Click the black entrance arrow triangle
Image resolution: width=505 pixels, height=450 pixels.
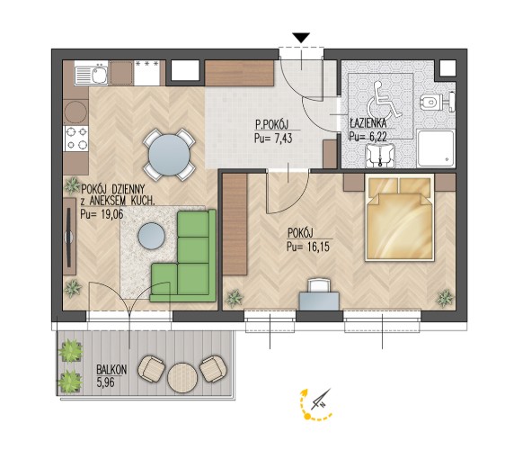click(301, 38)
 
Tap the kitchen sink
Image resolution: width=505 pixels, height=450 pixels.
click(91, 74)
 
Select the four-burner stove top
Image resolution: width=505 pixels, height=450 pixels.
click(76, 138)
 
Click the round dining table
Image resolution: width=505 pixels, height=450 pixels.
click(169, 155)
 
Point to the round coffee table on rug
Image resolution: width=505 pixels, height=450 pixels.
click(151, 236)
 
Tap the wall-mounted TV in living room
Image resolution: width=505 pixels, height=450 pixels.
click(69, 237)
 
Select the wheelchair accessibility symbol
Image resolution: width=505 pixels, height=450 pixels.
click(384, 100)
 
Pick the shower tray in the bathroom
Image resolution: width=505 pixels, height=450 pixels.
click(437, 148)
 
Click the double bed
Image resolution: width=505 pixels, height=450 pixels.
click(399, 218)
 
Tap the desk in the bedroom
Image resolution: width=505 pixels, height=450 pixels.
click(319, 301)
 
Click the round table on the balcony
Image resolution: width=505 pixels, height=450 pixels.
click(182, 378)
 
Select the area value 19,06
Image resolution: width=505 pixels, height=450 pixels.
click(111, 214)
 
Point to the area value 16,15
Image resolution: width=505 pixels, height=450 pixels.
click(317, 247)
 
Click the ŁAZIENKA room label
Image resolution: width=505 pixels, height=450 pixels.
click(368, 123)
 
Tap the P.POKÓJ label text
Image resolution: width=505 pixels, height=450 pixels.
click(272, 124)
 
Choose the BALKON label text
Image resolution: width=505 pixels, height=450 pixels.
click(111, 370)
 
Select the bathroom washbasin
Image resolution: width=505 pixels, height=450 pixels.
click(380, 155)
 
